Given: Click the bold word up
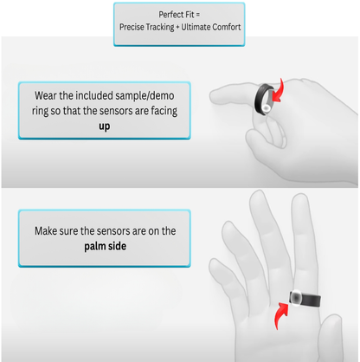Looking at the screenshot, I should tap(104, 125).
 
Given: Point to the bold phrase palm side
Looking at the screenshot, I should tap(104, 245).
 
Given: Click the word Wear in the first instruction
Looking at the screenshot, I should tap(48, 94).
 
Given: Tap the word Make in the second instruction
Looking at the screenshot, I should tap(49, 230).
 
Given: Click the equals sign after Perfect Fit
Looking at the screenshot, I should tap(202, 15).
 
